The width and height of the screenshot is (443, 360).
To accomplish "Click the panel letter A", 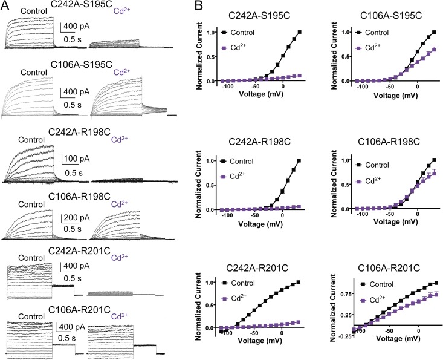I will [x=5, y=5].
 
